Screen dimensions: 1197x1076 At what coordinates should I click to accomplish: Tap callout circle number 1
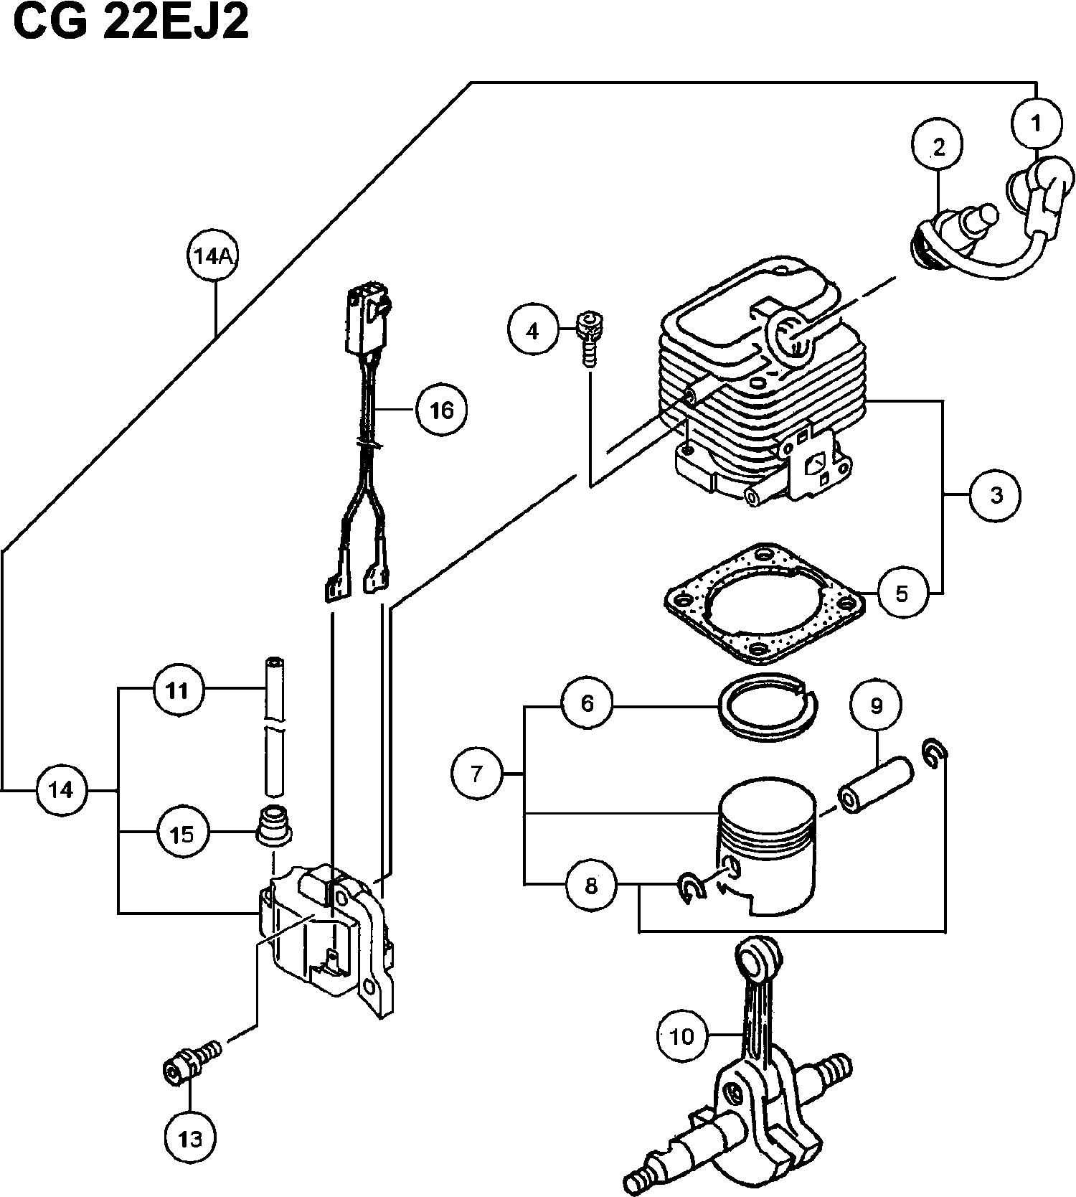(1036, 123)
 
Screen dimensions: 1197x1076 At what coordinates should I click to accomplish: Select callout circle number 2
(938, 147)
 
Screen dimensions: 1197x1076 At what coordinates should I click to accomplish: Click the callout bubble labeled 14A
(213, 256)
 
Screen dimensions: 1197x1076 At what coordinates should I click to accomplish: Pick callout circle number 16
(442, 410)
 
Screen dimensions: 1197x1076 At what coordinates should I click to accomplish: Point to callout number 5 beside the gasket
(902, 593)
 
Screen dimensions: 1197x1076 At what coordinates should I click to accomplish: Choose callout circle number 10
(682, 1035)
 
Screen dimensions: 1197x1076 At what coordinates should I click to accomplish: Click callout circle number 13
(190, 1137)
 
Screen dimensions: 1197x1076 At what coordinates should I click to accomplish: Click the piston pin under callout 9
(874, 788)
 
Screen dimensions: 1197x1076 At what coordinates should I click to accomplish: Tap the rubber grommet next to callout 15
(274, 825)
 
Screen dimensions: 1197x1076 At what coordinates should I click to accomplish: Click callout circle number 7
(477, 773)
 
